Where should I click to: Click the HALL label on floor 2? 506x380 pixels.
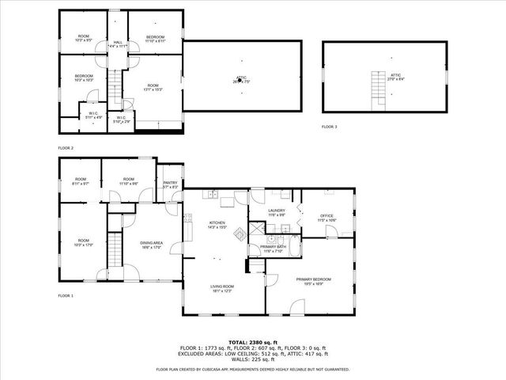click(118, 44)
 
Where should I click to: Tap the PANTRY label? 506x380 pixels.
click(169, 184)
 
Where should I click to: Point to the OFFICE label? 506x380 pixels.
click(327, 218)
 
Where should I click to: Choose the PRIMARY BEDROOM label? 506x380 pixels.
click(313, 281)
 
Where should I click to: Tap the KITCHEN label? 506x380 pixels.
click(217, 225)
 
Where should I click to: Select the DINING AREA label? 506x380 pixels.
click(151, 245)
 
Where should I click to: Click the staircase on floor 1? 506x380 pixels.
click(116, 250)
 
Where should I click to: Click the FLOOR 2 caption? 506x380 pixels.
click(66, 148)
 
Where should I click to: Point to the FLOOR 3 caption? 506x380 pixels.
click(329, 127)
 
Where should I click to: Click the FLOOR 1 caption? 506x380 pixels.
click(66, 295)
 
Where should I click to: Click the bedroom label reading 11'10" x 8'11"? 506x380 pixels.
click(155, 38)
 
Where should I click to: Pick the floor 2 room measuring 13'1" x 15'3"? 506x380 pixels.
click(153, 88)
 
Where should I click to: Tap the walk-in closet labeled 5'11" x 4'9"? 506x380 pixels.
click(93, 116)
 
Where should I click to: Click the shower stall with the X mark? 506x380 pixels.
click(258, 230)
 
